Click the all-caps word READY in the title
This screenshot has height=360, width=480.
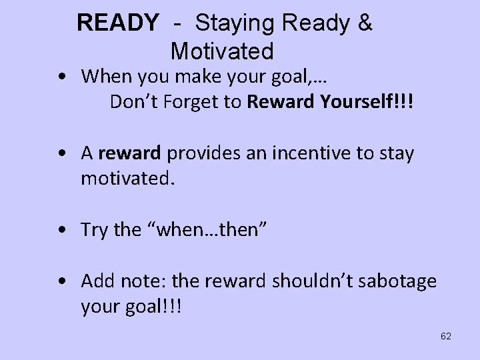[118, 24]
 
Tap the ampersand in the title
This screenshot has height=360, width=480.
[365, 24]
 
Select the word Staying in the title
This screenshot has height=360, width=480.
[233, 24]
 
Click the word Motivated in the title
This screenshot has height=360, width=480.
[222, 51]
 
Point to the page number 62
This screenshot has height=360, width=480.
[446, 336]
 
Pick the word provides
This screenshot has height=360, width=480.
[197, 153]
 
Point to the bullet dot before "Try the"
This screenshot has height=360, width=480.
[61, 231]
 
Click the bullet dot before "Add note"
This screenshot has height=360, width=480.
[61, 281]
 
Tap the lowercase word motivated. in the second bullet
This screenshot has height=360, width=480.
[126, 178]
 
